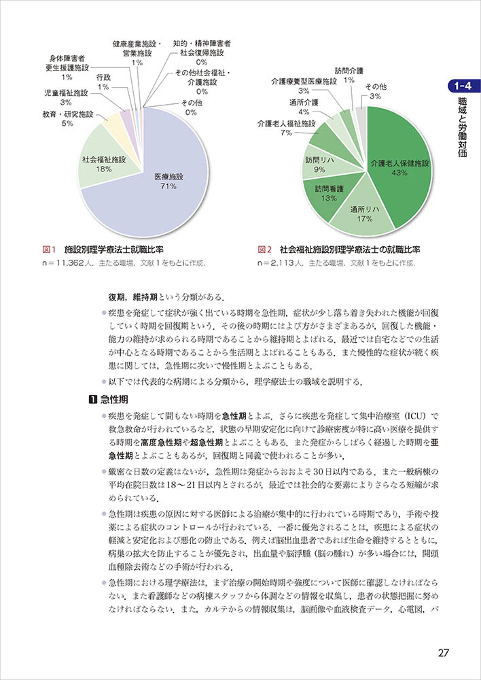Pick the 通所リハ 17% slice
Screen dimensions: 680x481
[x=364, y=213]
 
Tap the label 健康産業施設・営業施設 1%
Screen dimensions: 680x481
[x=137, y=52]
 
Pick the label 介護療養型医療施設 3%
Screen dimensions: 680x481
[x=304, y=85]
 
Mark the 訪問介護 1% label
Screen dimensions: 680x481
[x=349, y=75]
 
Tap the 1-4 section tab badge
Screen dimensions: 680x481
[x=464, y=86]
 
